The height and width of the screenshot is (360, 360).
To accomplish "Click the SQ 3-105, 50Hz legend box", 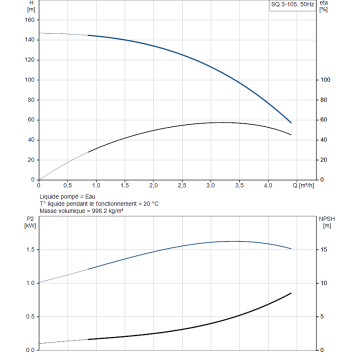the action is pos(292,5).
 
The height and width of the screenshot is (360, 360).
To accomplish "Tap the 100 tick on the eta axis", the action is pos(325,80).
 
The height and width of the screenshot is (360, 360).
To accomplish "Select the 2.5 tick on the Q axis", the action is pos(182,185).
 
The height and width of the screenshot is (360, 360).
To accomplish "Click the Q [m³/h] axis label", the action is pos(303,185).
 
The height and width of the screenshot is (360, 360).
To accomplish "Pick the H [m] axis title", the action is pos(31,6).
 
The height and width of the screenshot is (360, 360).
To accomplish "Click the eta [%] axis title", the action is pos(324,6).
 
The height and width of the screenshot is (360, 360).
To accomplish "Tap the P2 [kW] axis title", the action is pos(30,222).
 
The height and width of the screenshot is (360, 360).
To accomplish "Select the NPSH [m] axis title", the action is pos(327,222).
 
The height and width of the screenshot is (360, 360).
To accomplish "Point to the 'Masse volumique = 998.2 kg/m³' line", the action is pos(79,211).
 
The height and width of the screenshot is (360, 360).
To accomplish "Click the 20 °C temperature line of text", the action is pos(99,204).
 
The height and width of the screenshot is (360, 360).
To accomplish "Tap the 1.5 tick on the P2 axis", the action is pos(31,250).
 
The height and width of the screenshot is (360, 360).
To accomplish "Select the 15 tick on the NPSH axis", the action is pos(324,250).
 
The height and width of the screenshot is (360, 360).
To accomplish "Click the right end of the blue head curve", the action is pos(291,123).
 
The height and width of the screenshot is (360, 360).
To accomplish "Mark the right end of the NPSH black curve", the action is pos(291,293).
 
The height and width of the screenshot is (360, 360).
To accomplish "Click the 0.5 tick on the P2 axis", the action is pos(31,317).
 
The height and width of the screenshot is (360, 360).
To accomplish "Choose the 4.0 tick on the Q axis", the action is pos(268,185).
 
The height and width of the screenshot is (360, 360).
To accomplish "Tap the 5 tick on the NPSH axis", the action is pos(322,317).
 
